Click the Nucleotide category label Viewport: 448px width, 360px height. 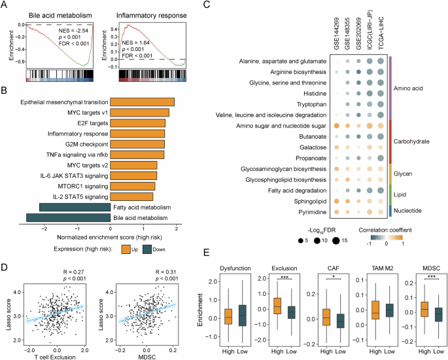[415, 211]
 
